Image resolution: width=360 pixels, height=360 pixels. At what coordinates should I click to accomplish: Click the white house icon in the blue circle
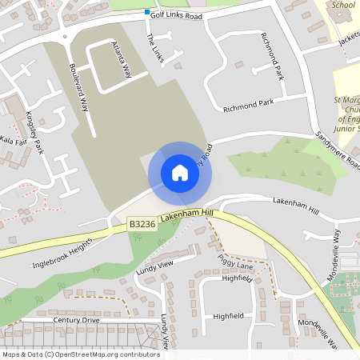click(180, 172)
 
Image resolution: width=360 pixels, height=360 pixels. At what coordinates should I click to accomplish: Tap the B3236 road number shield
click(142, 225)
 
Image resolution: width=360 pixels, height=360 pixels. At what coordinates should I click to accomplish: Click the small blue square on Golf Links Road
click(147, 13)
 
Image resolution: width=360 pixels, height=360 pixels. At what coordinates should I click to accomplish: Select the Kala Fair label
click(14, 141)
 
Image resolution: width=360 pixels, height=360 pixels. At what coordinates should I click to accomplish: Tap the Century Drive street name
click(77, 320)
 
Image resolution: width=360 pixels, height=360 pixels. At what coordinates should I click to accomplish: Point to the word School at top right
click(342, 5)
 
